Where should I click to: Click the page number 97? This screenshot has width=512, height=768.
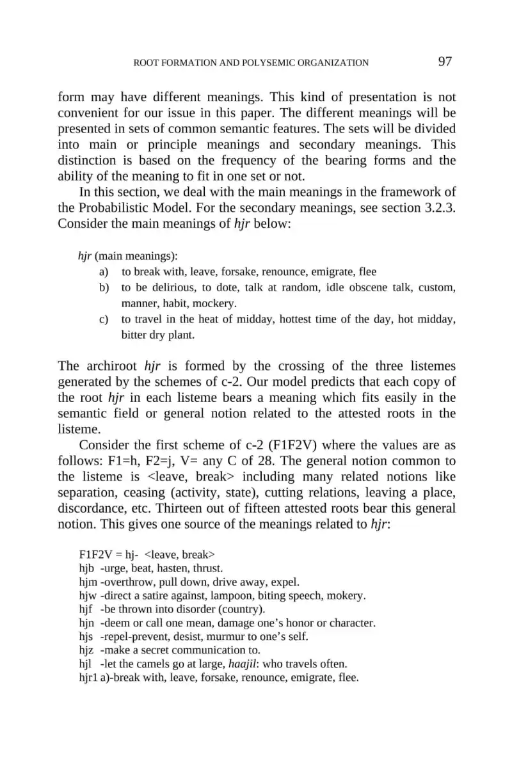pos(445,61)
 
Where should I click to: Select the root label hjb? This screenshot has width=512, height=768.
pos(86,568)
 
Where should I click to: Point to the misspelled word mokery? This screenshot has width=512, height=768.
pos(346,596)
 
